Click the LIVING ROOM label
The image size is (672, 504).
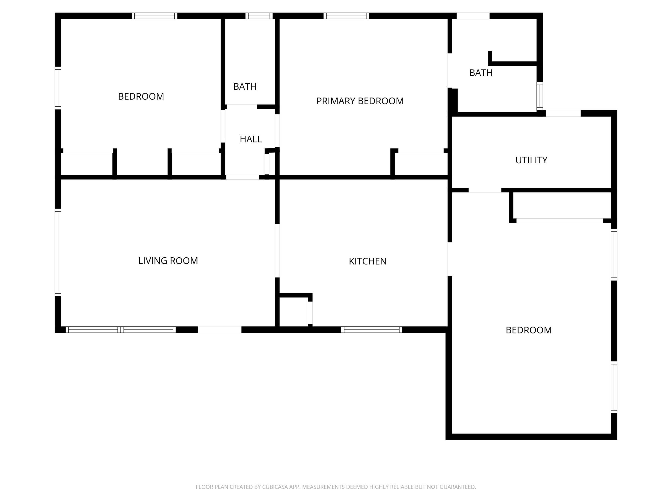168,261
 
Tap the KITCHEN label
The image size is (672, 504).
367,261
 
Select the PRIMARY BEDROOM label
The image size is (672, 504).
360,101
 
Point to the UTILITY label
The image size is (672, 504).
531,160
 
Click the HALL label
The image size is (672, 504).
251,139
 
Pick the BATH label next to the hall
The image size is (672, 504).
245,87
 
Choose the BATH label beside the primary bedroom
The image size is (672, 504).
481,73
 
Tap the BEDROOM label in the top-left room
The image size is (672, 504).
141,96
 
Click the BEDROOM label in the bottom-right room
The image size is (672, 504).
528,330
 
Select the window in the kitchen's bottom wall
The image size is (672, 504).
371,330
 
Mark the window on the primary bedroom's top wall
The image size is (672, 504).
346,16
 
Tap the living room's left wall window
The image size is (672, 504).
58,252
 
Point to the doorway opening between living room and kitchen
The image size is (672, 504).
277,251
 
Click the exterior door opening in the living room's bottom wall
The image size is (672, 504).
219,330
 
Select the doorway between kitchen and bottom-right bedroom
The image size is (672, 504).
450,259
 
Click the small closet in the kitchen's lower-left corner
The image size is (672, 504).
293,311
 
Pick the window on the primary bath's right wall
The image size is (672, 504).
539,96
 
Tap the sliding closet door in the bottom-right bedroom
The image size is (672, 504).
560,221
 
